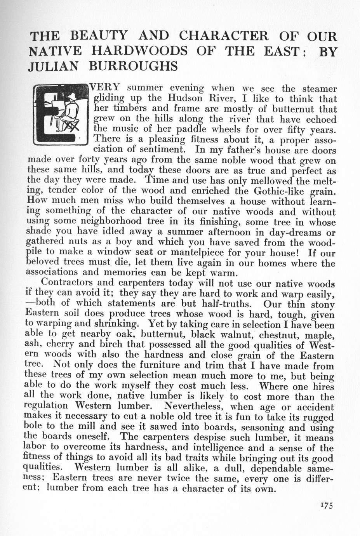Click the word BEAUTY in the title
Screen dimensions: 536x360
99,36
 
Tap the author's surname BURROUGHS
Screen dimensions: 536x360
133,66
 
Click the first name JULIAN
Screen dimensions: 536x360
54,66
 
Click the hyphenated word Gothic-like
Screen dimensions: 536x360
276,191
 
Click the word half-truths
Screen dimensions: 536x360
226,303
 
